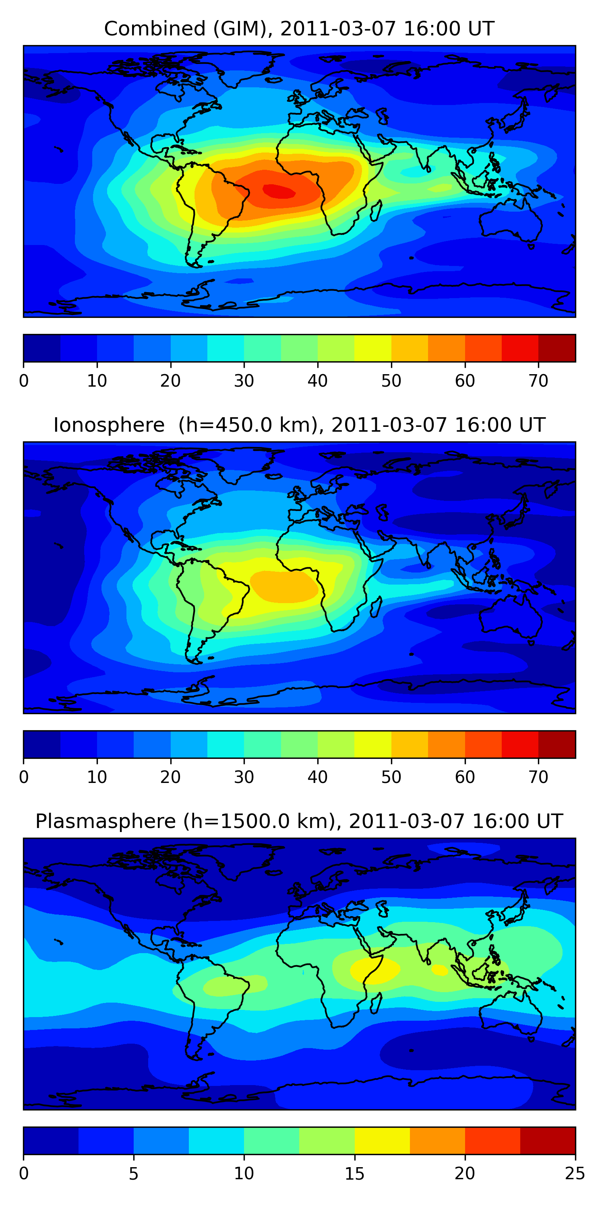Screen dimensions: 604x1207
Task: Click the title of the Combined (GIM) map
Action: [299, 29]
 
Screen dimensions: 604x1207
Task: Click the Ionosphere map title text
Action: [299, 425]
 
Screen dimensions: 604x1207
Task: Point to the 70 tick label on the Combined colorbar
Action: [538, 381]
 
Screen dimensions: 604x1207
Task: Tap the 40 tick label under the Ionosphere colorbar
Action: [317, 777]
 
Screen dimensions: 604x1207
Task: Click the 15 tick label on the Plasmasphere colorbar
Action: [354, 1173]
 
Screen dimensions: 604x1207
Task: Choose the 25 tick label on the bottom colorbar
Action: [575, 1173]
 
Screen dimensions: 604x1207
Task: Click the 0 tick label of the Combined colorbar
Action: [24, 381]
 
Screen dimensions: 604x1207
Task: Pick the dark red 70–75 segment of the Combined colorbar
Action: [556, 348]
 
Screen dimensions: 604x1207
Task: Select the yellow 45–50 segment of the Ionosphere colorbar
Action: [373, 744]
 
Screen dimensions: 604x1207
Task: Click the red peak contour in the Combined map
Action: [279, 191]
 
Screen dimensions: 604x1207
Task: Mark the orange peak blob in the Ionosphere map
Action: [284, 586]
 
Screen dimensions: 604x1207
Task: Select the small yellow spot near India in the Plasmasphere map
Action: [440, 970]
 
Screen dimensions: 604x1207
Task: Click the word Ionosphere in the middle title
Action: [109, 425]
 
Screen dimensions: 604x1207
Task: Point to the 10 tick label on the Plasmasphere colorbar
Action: [244, 1173]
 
